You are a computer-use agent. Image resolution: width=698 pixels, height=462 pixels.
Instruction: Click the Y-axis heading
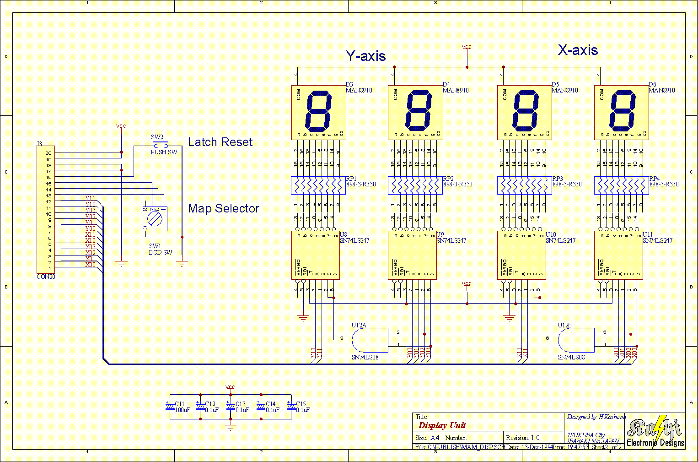(365, 56)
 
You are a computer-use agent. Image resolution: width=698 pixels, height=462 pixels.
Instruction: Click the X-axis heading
(578, 50)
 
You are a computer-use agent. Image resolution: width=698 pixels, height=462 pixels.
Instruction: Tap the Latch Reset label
(220, 142)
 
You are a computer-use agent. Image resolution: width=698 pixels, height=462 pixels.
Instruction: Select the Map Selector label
(224, 209)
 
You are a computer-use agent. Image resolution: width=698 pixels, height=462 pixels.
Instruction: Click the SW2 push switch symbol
(161, 145)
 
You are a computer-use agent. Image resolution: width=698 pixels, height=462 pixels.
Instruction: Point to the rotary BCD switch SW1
(155, 219)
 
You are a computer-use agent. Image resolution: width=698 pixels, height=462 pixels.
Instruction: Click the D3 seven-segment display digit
(318, 112)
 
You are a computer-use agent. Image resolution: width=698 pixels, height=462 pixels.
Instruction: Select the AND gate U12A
(370, 340)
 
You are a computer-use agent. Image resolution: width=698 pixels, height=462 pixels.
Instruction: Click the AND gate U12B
(576, 340)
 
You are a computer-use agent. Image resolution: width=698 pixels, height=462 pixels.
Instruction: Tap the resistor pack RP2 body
(415, 186)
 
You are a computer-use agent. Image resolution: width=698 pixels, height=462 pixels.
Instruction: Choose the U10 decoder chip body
(521, 255)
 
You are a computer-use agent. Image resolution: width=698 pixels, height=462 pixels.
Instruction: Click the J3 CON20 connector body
(45, 210)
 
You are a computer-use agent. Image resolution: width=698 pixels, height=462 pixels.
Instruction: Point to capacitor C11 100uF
(170, 407)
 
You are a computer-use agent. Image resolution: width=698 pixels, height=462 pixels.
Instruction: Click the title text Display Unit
(442, 425)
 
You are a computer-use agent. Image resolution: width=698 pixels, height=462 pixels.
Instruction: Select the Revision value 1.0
(535, 438)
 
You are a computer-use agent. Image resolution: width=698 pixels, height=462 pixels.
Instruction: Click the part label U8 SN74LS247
(354, 238)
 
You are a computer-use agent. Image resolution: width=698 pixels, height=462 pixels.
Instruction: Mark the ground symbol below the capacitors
(231, 427)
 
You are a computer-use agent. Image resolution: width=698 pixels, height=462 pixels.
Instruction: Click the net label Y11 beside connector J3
(90, 198)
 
